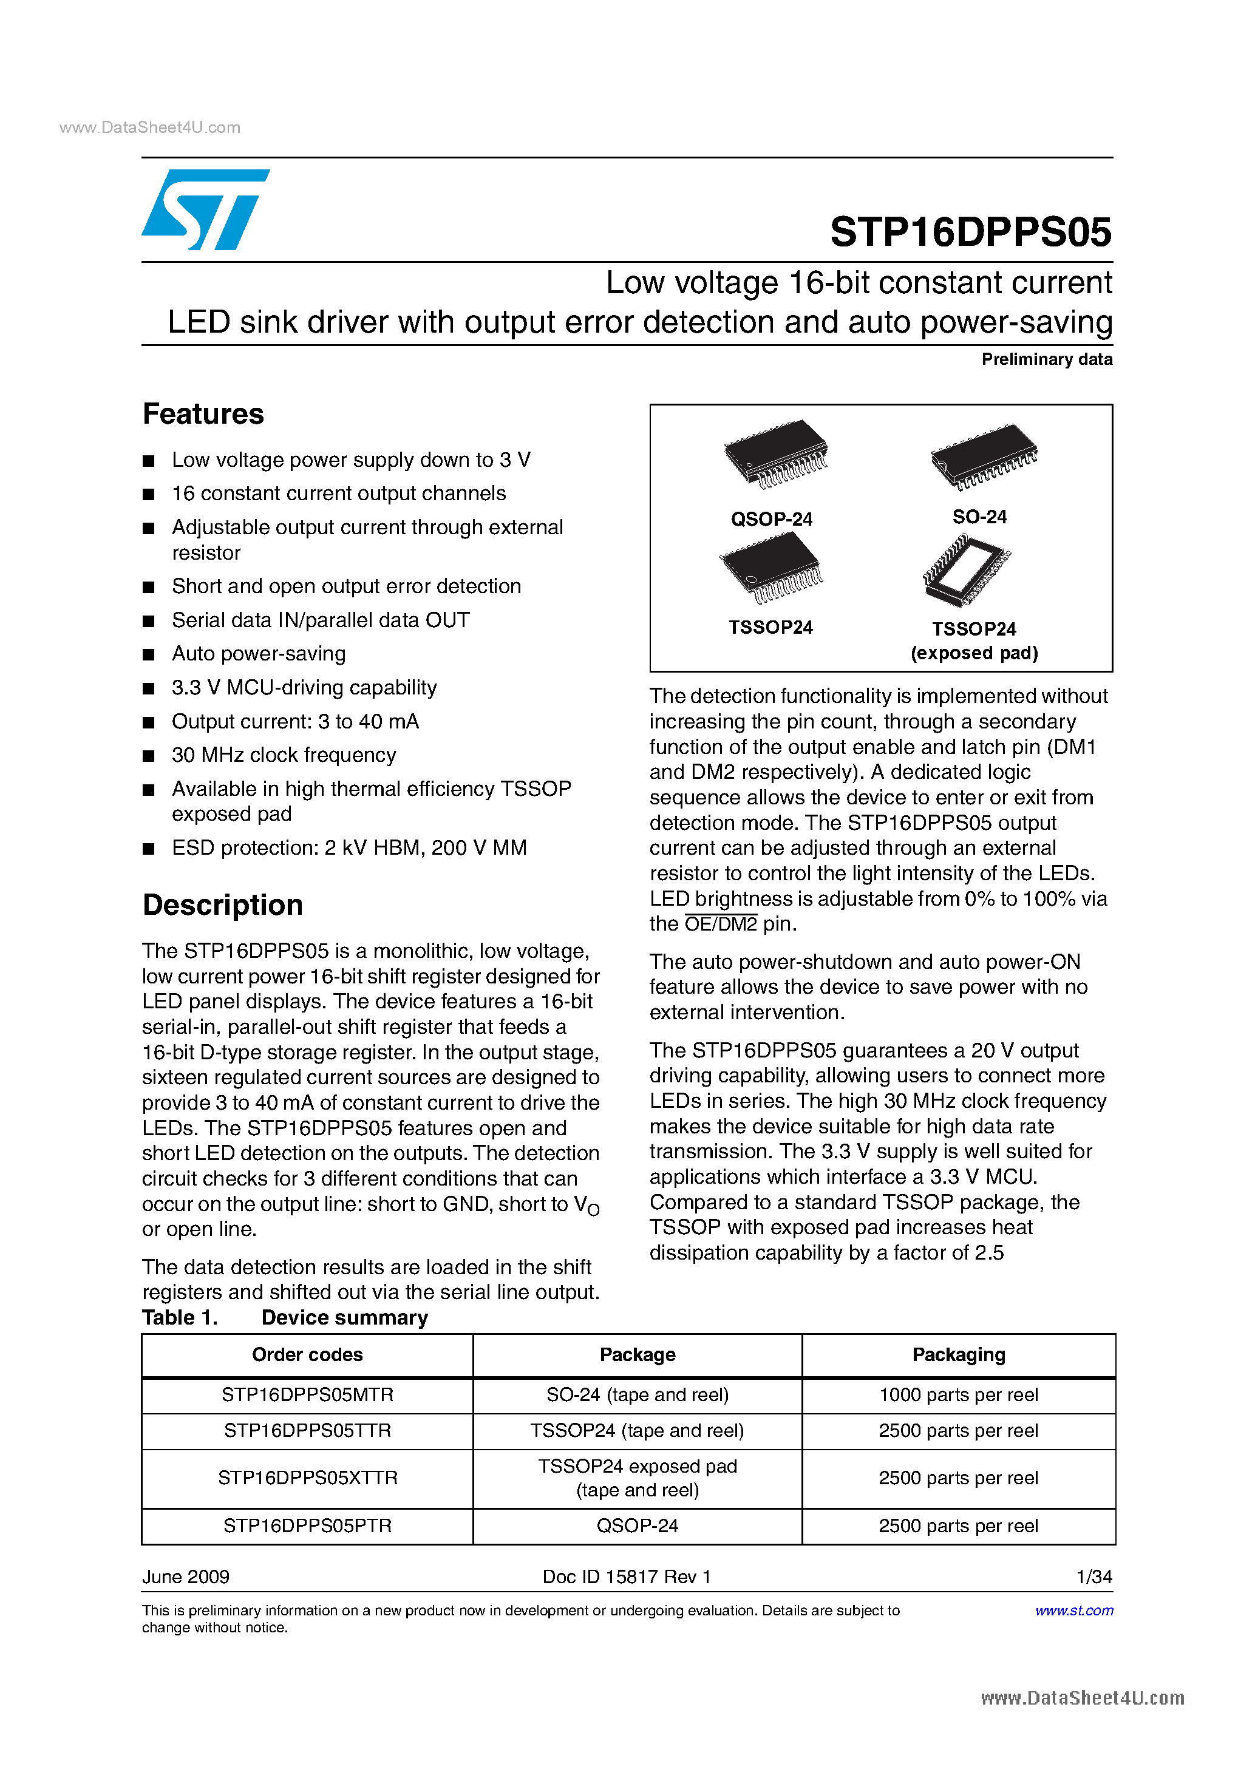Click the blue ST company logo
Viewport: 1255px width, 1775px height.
coord(204,209)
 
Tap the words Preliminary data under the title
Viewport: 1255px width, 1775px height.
coord(1046,359)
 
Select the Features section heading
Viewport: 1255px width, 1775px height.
coord(203,415)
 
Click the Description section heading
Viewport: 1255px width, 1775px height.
coord(223,905)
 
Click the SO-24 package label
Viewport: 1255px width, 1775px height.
coord(979,517)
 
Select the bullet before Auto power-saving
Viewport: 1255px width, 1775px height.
coord(149,655)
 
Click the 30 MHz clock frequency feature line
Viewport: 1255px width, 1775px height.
coord(284,755)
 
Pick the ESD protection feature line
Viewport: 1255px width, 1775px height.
coord(349,848)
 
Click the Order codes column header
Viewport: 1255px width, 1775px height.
coord(307,1354)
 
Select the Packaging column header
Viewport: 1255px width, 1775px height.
coord(958,1354)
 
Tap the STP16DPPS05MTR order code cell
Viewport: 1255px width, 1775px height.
coord(307,1394)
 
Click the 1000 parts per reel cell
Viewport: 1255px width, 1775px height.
coord(958,1394)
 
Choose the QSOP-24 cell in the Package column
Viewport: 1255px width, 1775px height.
coord(637,1526)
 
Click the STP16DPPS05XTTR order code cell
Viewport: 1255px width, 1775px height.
coord(307,1478)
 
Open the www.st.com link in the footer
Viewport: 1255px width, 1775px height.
coord(1073,1610)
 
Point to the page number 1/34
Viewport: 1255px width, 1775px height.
coord(1093,1576)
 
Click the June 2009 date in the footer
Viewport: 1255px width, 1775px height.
coord(186,1576)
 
